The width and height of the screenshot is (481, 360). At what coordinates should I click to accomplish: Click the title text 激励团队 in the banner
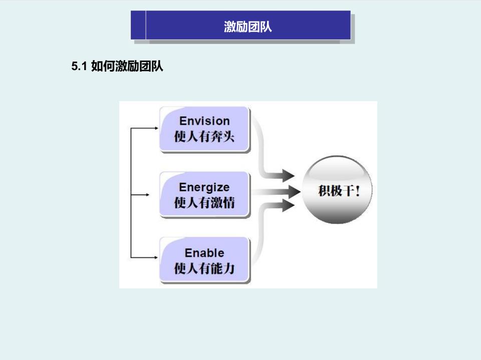click(248, 27)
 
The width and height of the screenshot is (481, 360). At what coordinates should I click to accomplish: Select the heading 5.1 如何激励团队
click(117, 66)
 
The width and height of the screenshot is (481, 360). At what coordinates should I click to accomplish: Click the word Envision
click(204, 121)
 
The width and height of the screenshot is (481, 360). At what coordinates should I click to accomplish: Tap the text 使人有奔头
click(204, 137)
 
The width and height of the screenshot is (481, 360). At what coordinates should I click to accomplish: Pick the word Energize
click(204, 187)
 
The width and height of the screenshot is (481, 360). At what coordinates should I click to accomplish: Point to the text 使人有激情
click(204, 202)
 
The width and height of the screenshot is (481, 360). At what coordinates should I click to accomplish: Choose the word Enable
click(204, 253)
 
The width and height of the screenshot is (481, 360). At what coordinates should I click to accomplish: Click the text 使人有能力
click(204, 268)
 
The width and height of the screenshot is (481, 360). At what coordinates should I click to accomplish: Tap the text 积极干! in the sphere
click(339, 191)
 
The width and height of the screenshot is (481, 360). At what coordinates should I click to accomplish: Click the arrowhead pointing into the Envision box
click(156, 128)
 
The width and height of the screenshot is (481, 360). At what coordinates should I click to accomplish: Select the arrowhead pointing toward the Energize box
click(147, 195)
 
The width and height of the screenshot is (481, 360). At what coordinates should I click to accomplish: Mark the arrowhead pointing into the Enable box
click(156, 257)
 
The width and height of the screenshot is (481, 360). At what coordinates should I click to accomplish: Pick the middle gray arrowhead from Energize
click(294, 192)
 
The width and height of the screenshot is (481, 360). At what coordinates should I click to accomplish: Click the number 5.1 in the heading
click(79, 66)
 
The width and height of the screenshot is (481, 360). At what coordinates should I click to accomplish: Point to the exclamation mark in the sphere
click(357, 191)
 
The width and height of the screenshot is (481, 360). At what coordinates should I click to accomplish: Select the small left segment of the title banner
click(138, 25)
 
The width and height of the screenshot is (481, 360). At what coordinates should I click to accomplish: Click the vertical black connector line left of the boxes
click(131, 193)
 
